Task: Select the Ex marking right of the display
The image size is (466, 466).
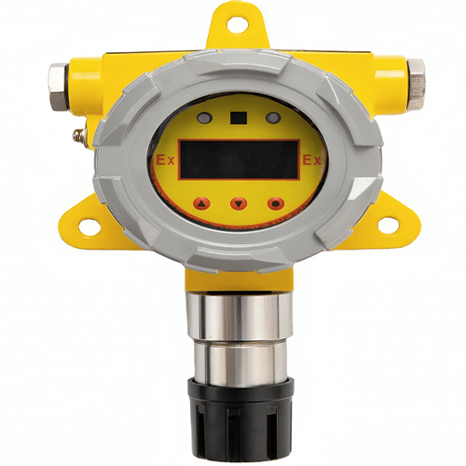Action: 312,160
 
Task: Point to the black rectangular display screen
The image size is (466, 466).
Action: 240,159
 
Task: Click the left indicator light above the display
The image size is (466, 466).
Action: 205,118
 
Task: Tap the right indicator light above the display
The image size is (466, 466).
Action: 272,118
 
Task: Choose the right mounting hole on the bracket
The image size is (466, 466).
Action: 384,225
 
